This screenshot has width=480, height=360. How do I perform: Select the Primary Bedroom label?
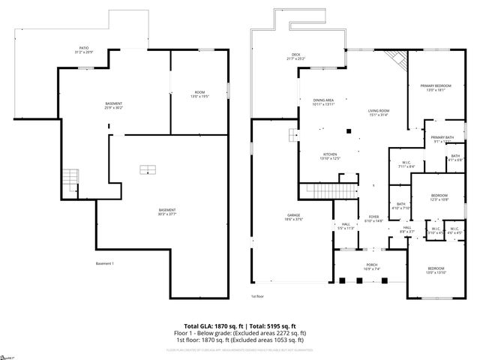click(x=436, y=88)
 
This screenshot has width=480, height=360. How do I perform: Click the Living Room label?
click(x=377, y=112)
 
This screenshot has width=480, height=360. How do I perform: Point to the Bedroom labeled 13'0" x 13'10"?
click(x=436, y=270)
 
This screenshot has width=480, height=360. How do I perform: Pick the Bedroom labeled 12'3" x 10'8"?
click(x=439, y=197)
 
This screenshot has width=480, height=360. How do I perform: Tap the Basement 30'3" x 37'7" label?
click(x=166, y=211)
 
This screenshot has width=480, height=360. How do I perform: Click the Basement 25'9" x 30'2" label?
click(x=113, y=105)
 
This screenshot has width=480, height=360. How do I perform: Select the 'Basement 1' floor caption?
click(x=105, y=263)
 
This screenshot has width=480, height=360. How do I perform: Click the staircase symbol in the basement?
click(x=70, y=179)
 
